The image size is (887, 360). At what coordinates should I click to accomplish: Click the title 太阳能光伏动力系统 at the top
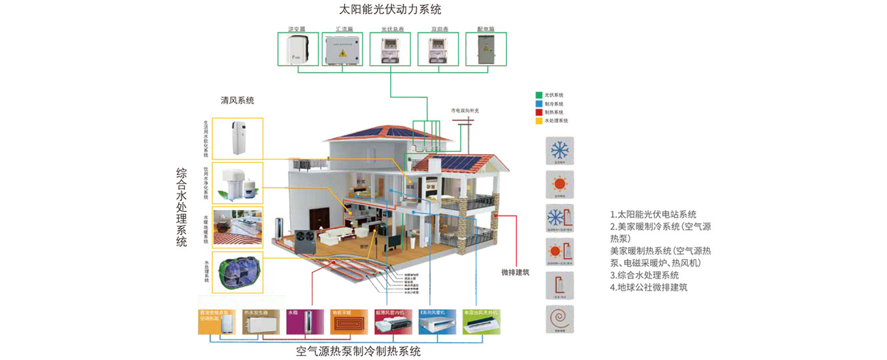click(390, 10)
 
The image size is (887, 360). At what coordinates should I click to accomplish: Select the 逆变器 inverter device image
click(297, 49)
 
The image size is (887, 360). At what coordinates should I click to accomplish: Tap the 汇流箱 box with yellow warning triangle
click(343, 49)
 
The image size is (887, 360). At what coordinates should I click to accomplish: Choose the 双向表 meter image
click(438, 49)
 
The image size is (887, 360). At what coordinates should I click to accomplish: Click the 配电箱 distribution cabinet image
click(485, 49)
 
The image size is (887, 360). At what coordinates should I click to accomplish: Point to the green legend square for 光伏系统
click(539, 95)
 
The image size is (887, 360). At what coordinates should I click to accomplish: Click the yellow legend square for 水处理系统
click(539, 121)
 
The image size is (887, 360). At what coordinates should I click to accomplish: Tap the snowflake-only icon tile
click(559, 151)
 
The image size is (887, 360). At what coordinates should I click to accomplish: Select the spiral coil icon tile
click(559, 319)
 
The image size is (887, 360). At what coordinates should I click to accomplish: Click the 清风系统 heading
click(237, 101)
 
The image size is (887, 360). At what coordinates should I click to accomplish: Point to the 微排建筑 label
click(516, 272)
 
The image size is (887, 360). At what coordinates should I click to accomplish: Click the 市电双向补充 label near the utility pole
click(465, 110)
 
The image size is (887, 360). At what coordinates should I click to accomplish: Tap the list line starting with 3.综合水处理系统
click(644, 275)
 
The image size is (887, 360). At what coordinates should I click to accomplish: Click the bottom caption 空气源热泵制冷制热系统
click(358, 351)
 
